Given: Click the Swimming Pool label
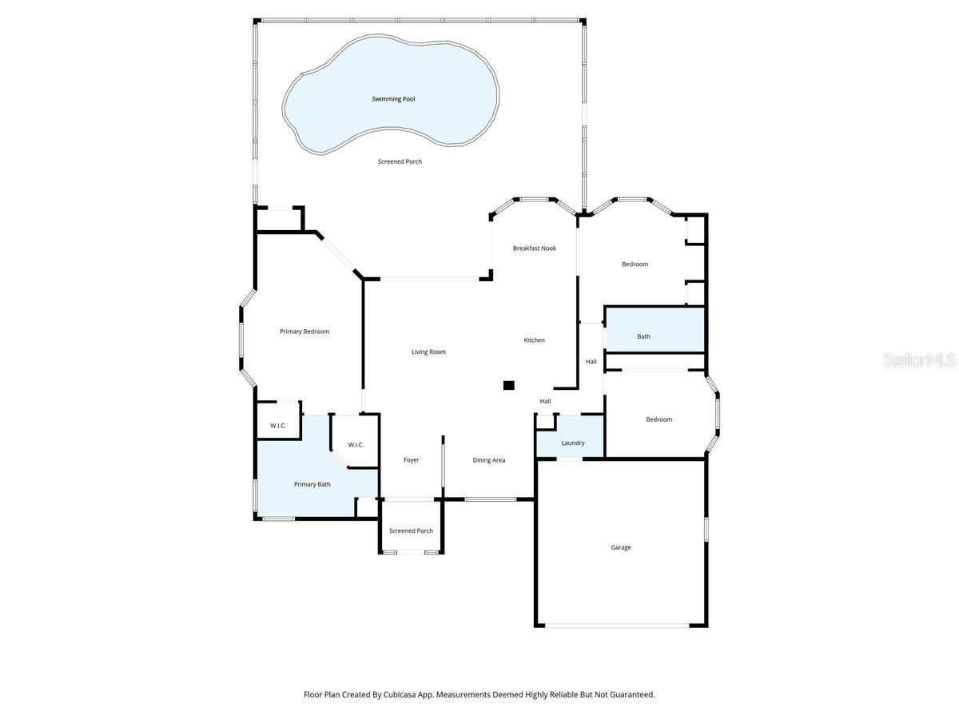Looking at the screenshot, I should tap(393, 99).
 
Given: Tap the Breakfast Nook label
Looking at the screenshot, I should tap(535, 248).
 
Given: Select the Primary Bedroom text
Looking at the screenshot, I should tap(304, 332).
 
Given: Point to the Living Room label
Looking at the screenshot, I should tap(428, 352).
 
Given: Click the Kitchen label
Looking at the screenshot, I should tap(535, 340).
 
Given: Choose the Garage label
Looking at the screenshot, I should tap(621, 547).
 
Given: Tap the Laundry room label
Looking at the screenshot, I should tap(573, 443).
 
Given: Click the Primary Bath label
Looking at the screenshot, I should tap(312, 484).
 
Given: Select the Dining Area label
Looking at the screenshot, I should tap(489, 460).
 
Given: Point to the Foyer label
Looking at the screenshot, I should tap(412, 460).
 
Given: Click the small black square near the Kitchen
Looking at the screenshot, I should tap(509, 385).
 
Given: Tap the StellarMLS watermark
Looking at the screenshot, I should tap(919, 361).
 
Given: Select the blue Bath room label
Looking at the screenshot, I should tap(643, 336).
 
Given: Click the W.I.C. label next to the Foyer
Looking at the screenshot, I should tap(356, 445).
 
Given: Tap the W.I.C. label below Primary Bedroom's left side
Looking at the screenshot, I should tap(278, 426).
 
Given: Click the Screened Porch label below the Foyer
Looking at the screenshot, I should tap(411, 530).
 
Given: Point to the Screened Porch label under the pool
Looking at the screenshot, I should tap(400, 161).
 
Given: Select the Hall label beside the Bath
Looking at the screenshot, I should tap(591, 362).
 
